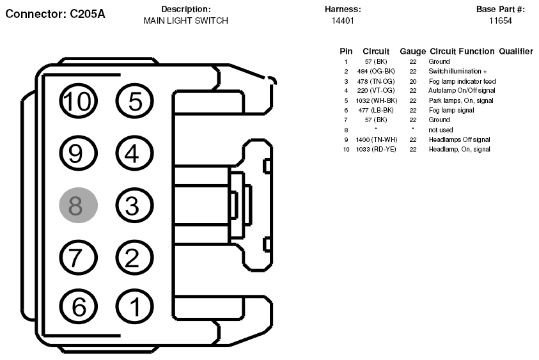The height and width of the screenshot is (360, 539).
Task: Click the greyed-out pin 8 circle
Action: pyautogui.click(x=79, y=205)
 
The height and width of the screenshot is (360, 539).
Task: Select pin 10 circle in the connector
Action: pyautogui.click(x=79, y=101)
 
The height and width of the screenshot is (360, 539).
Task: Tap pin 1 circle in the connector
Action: pyautogui.click(x=134, y=307)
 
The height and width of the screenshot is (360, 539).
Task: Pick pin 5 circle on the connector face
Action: pyautogui.click(x=134, y=101)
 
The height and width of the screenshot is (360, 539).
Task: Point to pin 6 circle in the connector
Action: pyautogui.click(x=79, y=307)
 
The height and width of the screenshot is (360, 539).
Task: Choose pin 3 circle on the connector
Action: pyautogui.click(x=134, y=205)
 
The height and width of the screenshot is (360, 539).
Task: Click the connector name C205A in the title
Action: pyautogui.click(x=88, y=14)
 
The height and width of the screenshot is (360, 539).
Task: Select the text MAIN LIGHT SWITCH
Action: pyautogui.click(x=185, y=20)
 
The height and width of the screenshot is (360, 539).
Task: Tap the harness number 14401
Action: pyautogui.click(x=343, y=20)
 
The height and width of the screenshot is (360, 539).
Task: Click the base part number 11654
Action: pyautogui.click(x=501, y=20)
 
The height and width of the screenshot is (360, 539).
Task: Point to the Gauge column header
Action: pyautogui.click(x=413, y=52)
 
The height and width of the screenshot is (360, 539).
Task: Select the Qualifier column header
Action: pyautogui.click(x=516, y=51)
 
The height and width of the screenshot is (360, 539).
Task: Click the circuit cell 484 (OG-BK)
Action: pyautogui.click(x=376, y=71)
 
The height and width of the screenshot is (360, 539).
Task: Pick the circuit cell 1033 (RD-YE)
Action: pyautogui.click(x=376, y=149)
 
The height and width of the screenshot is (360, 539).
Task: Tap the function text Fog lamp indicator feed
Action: pyautogui.click(x=462, y=81)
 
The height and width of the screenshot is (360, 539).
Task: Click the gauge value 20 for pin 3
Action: pyautogui.click(x=413, y=81)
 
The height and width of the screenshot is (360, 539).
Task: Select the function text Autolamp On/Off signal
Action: pyautogui.click(x=462, y=90)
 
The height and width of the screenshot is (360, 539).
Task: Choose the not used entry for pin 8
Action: pyautogui.click(x=441, y=130)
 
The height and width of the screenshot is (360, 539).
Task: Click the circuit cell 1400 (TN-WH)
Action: pyautogui.click(x=377, y=139)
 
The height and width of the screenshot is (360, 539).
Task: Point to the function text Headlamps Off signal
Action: pyautogui.click(x=459, y=139)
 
